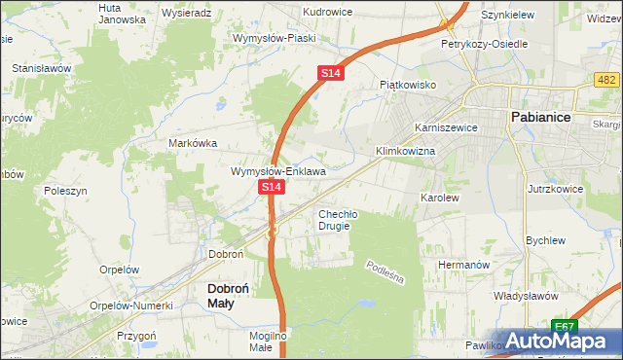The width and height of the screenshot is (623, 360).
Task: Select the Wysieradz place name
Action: pos(187,14)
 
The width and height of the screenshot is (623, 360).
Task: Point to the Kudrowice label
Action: pos(327,12)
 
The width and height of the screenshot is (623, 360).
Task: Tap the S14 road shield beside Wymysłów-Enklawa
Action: pos(272,185)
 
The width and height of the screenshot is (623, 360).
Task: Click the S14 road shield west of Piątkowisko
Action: pos(331,73)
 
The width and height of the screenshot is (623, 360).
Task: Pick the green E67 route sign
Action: pos(564,326)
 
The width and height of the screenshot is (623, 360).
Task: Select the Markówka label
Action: pos(193,142)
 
